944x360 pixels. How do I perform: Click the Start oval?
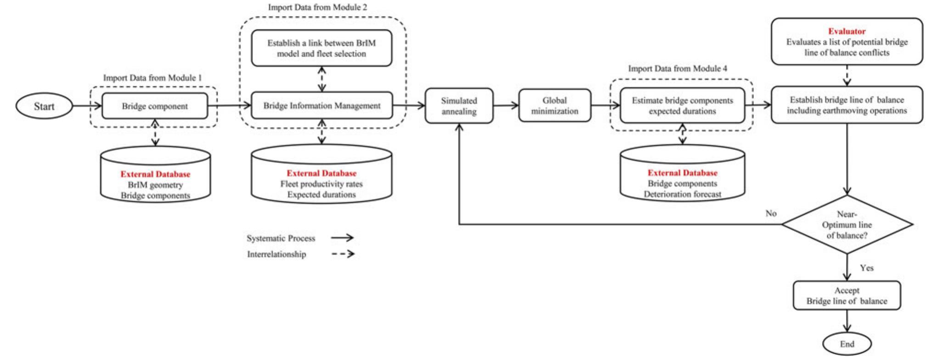pyautogui.click(x=44, y=107)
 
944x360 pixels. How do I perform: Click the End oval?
pyautogui.click(x=847, y=344)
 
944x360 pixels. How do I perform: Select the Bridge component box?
pyautogui.click(x=155, y=106)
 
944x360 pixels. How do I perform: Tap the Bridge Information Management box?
pyautogui.click(x=322, y=106)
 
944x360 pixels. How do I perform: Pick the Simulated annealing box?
pyautogui.click(x=459, y=106)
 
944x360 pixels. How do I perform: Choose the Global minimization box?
pyautogui.click(x=554, y=106)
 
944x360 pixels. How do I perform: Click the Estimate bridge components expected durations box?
pyautogui.click(x=682, y=106)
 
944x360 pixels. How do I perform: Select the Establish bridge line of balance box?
pyautogui.click(x=847, y=105)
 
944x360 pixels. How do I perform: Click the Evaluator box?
pyautogui.click(x=847, y=42)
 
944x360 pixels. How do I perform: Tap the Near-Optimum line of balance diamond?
pyautogui.click(x=847, y=225)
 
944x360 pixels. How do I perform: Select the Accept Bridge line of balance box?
pyautogui.click(x=847, y=296)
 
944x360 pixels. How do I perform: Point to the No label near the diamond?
pyautogui.click(x=771, y=214)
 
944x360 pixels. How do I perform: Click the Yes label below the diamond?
pyautogui.click(x=866, y=268)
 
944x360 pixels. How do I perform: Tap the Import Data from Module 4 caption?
pyautogui.click(x=678, y=68)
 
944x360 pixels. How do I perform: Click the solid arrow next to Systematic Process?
pyautogui.click(x=342, y=238)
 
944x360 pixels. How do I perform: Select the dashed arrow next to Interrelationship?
pyautogui.click(x=343, y=254)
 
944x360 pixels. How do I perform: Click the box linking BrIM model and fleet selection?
pyautogui.click(x=322, y=48)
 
